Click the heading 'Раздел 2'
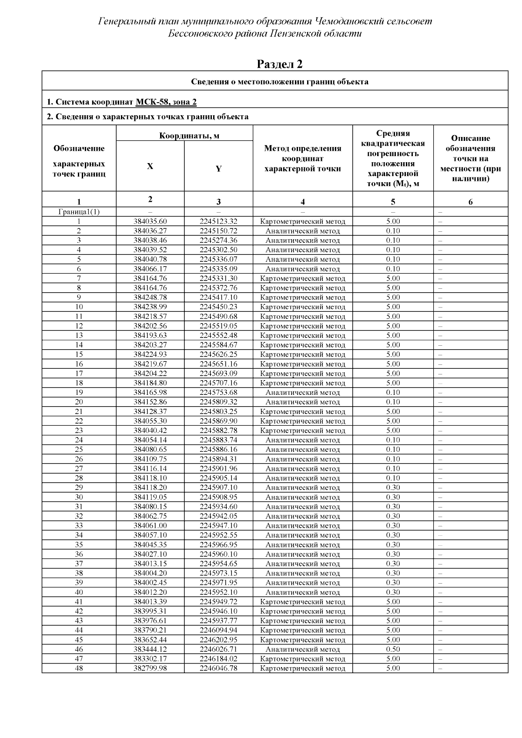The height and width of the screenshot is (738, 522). click(280, 64)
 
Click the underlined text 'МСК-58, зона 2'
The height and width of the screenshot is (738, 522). click(166, 102)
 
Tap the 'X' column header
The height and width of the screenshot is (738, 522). click(150, 166)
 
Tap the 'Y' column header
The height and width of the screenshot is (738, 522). click(218, 169)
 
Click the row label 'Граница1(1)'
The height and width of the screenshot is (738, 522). click(79, 212)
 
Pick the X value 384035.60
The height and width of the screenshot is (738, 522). click(150, 221)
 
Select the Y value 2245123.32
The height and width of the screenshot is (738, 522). click(218, 221)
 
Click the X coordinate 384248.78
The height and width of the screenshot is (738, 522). click(150, 297)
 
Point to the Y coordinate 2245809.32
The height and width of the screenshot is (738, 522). click(218, 402)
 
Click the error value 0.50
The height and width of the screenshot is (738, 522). click(393, 649)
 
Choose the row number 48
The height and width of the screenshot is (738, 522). click(79, 668)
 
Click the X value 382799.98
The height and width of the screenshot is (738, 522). click(150, 668)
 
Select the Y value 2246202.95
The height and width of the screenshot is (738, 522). click(218, 640)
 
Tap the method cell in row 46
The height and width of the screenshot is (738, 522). click(302, 649)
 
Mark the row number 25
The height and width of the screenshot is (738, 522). click(79, 450)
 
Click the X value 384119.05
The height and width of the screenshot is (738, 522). click(150, 497)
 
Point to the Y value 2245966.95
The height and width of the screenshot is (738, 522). click(218, 544)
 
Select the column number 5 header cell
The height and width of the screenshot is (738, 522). click(393, 202)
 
